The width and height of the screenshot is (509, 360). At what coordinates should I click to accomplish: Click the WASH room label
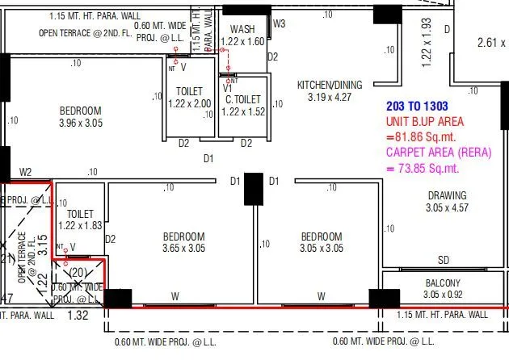click(242, 29)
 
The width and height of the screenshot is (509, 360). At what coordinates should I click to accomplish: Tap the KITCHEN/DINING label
click(330, 85)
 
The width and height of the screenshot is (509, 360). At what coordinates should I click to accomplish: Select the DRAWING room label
click(447, 195)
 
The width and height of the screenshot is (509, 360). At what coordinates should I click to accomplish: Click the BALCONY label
click(442, 283)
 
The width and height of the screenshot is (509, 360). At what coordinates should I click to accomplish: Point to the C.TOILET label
click(242, 99)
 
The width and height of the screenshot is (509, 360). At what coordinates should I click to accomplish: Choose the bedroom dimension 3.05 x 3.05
click(322, 249)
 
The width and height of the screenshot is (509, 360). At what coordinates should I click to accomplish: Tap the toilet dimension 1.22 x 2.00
click(189, 103)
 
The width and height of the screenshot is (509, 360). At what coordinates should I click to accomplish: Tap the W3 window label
click(279, 23)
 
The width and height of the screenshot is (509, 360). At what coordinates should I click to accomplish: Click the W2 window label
click(26, 172)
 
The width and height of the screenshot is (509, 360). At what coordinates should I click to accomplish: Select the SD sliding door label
click(444, 260)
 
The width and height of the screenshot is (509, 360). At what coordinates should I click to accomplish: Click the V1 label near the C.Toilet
click(228, 88)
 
